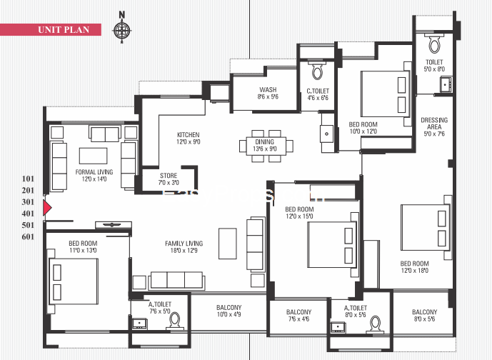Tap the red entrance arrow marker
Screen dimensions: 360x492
point(48,208)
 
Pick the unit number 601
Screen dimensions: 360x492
point(29,236)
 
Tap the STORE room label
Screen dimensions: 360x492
point(169,179)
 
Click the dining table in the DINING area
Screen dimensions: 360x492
point(265,146)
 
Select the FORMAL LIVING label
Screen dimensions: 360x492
point(91,176)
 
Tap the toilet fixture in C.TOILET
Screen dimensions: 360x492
point(318,72)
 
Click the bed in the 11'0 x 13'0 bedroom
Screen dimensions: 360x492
point(74,275)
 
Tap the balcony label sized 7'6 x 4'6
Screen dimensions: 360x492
point(298,316)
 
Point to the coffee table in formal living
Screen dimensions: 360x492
point(93,155)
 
